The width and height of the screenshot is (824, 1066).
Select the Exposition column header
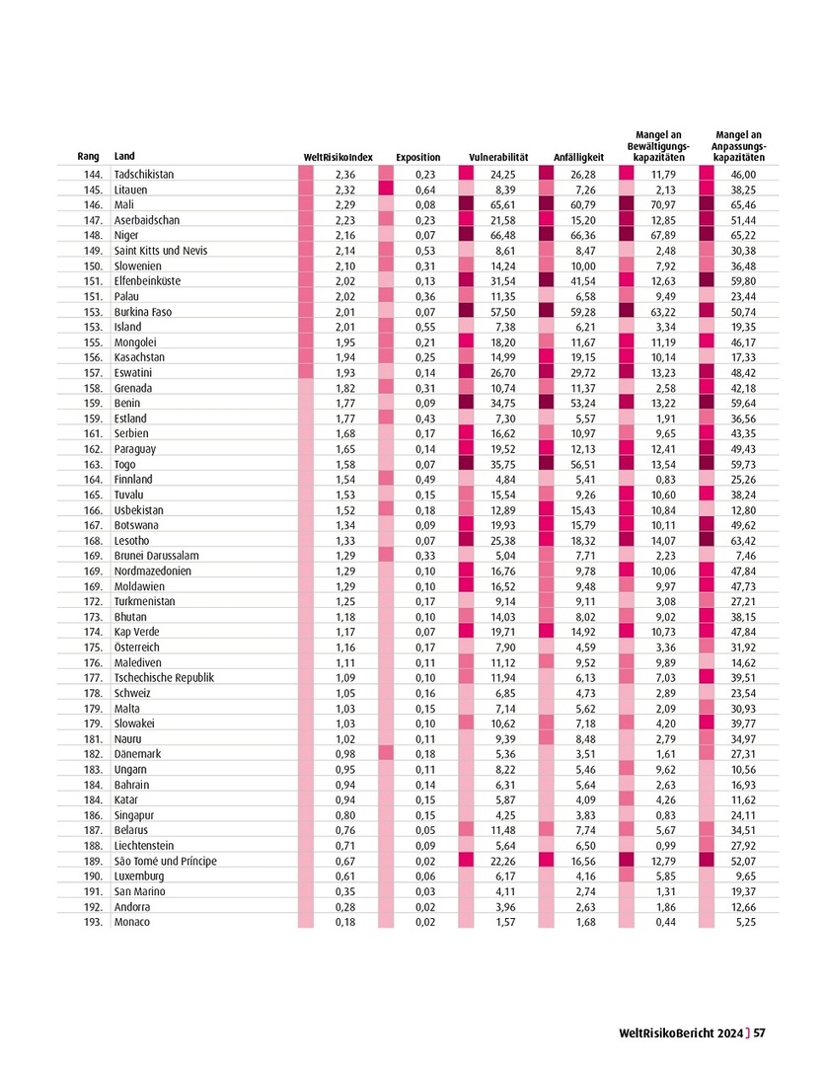[x=417, y=157]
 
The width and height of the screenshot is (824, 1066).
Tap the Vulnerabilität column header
[x=499, y=157]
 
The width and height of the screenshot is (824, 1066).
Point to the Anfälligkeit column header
[x=579, y=157]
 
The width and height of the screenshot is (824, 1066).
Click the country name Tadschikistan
[x=144, y=174]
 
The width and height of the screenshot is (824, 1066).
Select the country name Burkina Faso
[x=143, y=312]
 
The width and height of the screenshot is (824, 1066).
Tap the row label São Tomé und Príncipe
[x=166, y=861]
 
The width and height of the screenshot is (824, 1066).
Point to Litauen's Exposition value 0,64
[x=426, y=190]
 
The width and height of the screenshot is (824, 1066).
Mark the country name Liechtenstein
[x=144, y=846]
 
